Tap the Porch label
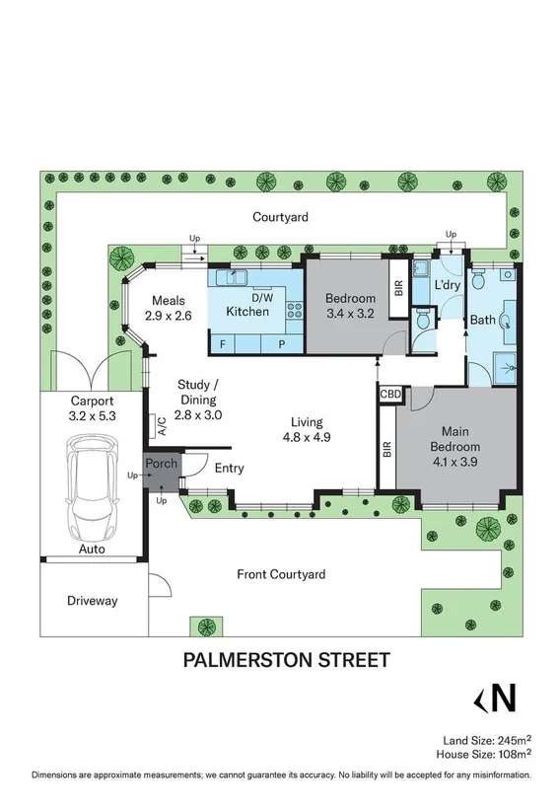point(161,464)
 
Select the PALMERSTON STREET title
point(286,659)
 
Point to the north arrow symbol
point(496,698)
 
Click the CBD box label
point(389,394)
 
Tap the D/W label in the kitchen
point(262,297)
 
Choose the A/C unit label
point(160,425)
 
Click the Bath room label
point(483,320)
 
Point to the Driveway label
point(92,600)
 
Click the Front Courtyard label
point(281,574)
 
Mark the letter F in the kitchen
point(223,343)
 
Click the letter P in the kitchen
point(281,343)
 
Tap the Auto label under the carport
point(93,549)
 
